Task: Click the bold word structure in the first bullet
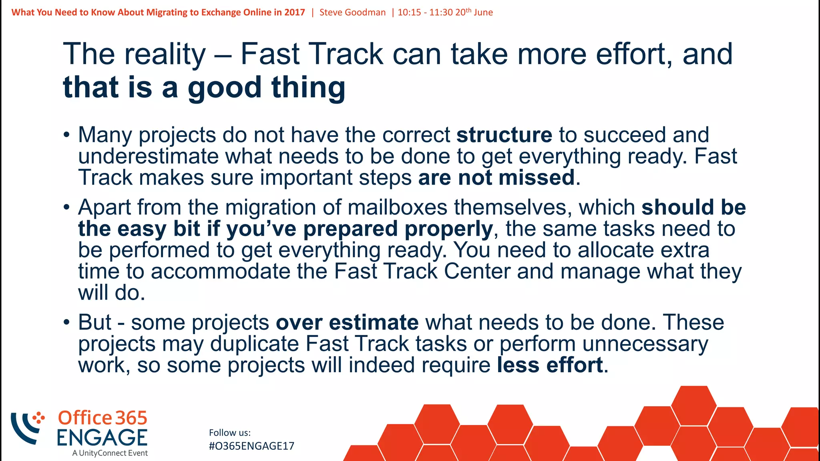pyautogui.click(x=504, y=135)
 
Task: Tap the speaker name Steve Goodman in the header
pyautogui.click(x=352, y=12)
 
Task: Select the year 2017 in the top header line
pyautogui.click(x=295, y=12)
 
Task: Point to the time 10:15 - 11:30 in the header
pyautogui.click(x=425, y=12)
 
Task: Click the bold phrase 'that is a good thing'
pyautogui.click(x=204, y=87)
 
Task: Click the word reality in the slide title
pyautogui.click(x=165, y=54)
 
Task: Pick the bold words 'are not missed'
pyautogui.click(x=496, y=178)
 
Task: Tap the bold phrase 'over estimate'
pyautogui.click(x=347, y=323)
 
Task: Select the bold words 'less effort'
pyautogui.click(x=550, y=365)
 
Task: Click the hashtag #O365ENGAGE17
pyautogui.click(x=251, y=446)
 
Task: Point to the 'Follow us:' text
pyautogui.click(x=230, y=433)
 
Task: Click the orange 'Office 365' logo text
pyautogui.click(x=102, y=418)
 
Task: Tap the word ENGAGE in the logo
pyautogui.click(x=102, y=437)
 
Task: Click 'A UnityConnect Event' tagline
pyautogui.click(x=110, y=453)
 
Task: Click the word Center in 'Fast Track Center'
pyautogui.click(x=477, y=271)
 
